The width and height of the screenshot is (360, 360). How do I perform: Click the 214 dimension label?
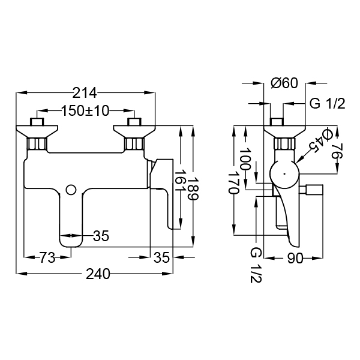pos(85,93)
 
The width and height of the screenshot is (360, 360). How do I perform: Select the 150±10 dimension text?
pos(85,111)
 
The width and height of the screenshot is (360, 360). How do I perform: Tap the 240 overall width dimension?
pos(98,274)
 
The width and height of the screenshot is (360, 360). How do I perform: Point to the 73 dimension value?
pos(47,257)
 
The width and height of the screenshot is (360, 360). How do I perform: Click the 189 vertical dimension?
pos(193,188)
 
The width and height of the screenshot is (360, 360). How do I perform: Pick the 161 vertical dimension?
pos(181,181)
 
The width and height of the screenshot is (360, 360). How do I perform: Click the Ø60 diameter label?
pos(284,83)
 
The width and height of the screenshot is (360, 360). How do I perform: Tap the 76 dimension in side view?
pos(337,151)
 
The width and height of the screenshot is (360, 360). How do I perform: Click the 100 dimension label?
pos(245,159)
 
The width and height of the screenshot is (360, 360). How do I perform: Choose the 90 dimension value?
pos(295,259)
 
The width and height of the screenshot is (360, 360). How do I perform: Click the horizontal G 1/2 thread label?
pos(328,104)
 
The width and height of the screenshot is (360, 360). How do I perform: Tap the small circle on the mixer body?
pos(71,190)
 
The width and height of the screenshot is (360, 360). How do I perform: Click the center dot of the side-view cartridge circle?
pos(284,174)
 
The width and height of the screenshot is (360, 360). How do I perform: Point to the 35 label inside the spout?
pos(101,236)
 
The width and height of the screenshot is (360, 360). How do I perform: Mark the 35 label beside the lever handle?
pos(161,257)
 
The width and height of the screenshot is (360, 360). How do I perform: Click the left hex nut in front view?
pos(37,144)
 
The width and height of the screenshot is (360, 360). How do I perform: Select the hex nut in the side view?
pos(284,144)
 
